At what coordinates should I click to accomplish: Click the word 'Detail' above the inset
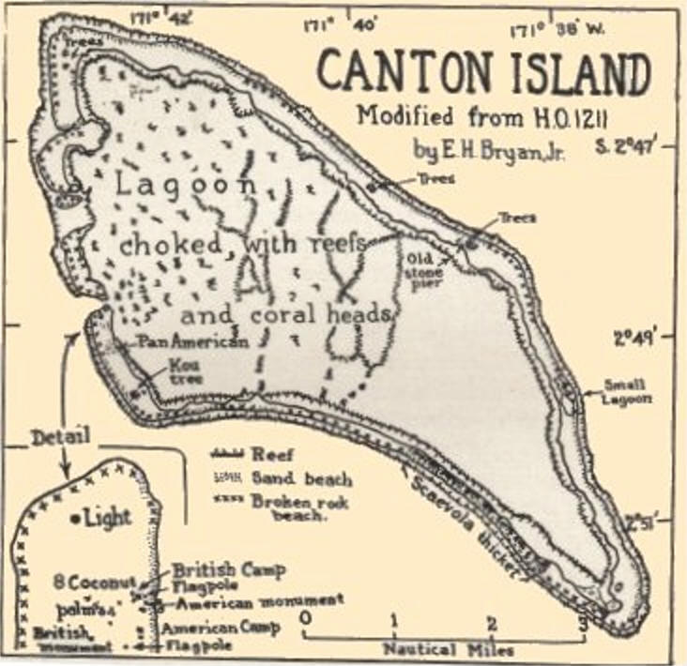(59, 437)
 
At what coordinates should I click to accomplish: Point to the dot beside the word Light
(74, 517)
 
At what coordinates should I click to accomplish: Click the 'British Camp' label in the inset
(228, 570)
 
